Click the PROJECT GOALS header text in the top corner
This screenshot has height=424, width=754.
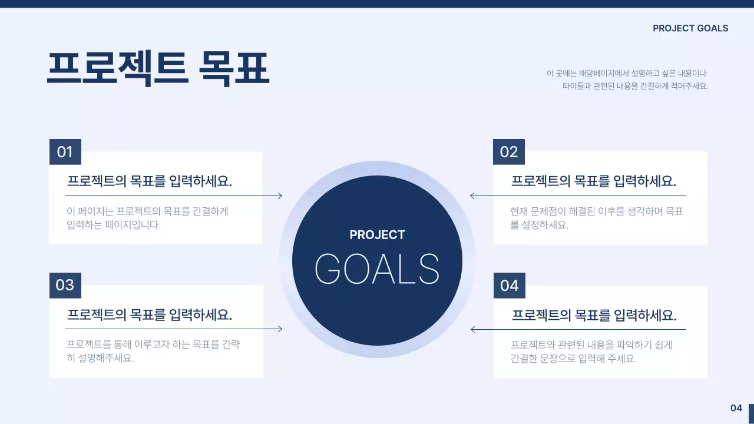click(690, 28)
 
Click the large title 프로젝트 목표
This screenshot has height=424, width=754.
click(158, 69)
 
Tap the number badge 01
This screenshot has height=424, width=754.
click(65, 152)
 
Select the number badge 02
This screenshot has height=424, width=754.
click(508, 152)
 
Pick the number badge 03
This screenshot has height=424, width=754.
click(65, 285)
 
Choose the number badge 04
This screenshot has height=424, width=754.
click(509, 286)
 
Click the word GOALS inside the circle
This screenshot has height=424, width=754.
click(377, 269)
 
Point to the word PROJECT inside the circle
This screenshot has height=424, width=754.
click(377, 235)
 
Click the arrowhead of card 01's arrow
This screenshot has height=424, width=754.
click(280, 196)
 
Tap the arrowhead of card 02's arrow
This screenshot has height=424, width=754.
click(472, 196)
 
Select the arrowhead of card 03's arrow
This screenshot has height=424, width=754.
click(280, 329)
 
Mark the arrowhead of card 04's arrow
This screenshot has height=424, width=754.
click(473, 329)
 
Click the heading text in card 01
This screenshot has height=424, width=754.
click(150, 181)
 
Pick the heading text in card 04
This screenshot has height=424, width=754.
click(594, 314)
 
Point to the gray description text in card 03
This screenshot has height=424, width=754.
click(153, 351)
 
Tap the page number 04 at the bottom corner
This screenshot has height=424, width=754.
click(736, 408)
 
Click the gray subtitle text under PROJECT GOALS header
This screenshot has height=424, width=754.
click(627, 79)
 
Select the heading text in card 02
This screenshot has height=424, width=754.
click(593, 181)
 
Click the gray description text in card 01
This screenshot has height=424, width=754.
click(147, 218)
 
